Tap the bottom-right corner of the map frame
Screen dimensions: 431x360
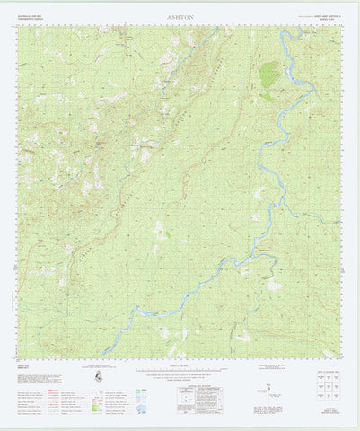[342, 357]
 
